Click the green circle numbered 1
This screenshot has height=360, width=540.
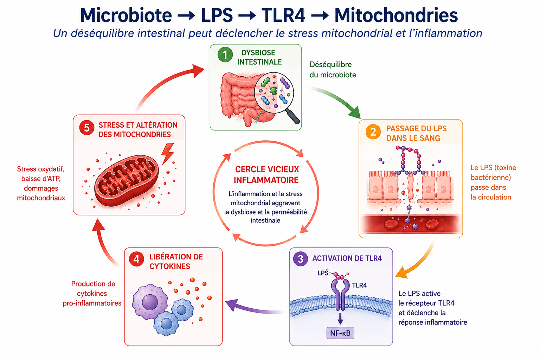coord(225,55)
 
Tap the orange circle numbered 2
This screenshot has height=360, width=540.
coord(373,132)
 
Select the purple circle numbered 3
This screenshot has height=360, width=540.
coord(300,259)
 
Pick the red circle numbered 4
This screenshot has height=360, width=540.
coord(136,259)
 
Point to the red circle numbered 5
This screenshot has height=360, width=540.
coord(86,128)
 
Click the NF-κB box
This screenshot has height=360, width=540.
coord(340,333)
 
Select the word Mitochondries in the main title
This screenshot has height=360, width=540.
coord(396,15)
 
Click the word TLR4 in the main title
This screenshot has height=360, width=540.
coord(283,15)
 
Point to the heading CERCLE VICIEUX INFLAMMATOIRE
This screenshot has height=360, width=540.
coord(266,175)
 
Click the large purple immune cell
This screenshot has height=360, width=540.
coord(150,302)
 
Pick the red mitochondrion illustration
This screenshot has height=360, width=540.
coord(127,180)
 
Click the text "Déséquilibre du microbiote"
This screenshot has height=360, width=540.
coord(333,70)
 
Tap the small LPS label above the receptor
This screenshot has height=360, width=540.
coord(323,273)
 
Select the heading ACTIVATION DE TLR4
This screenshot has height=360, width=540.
coord(347,258)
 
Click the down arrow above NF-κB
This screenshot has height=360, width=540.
coord(340,319)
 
